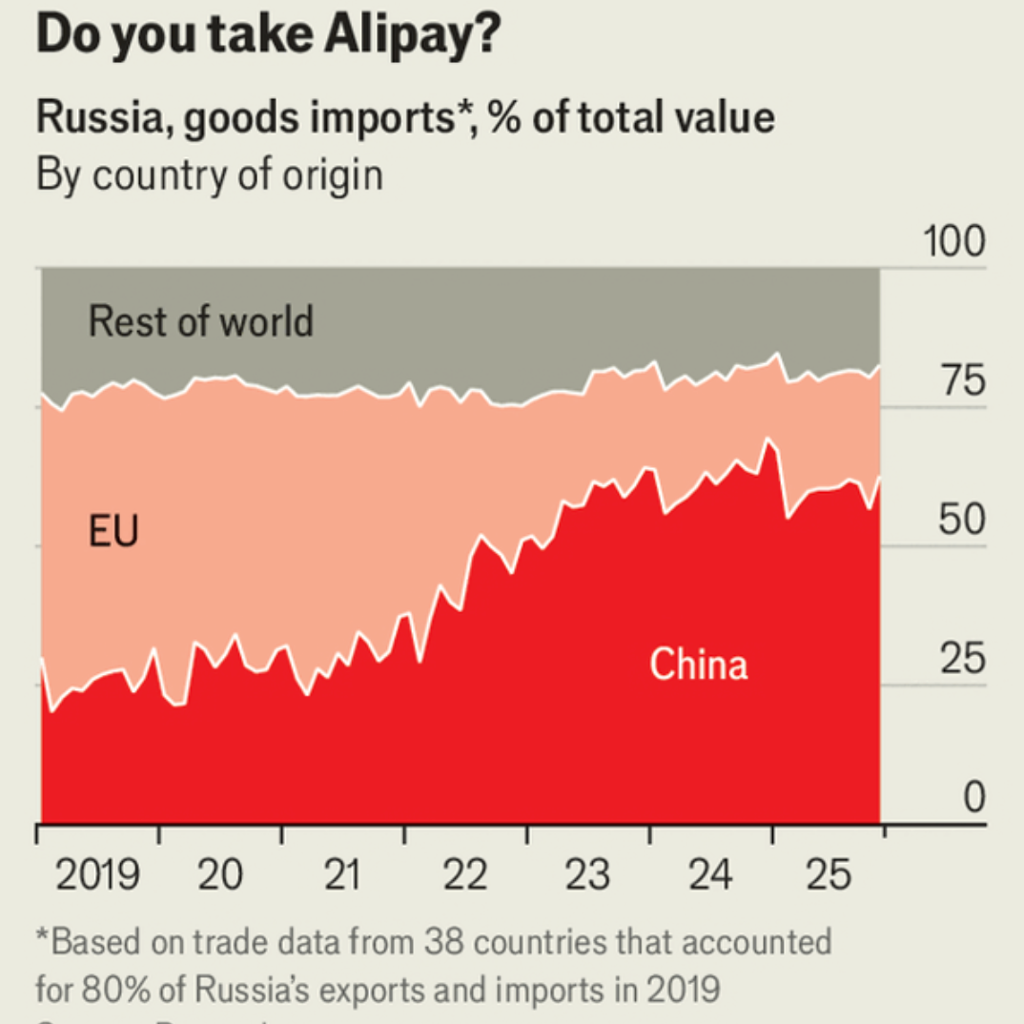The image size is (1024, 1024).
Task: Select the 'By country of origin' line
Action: [209, 175]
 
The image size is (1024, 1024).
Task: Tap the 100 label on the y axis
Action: [953, 242]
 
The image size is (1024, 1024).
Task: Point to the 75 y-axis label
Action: [961, 381]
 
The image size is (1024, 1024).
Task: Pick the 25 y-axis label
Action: [961, 660]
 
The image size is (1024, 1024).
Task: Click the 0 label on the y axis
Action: [973, 798]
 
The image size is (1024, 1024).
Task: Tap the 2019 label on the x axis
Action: [98, 874]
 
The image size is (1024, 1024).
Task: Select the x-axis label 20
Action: [221, 874]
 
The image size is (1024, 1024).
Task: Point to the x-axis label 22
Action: [466, 874]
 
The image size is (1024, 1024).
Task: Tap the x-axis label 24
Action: [710, 874]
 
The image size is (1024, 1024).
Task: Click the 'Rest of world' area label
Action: [200, 321]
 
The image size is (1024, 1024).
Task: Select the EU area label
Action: [113, 531]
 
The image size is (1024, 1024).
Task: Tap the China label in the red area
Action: [698, 664]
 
